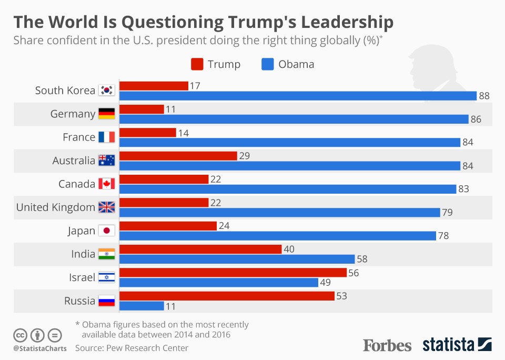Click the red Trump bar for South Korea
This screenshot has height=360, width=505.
click(154, 86)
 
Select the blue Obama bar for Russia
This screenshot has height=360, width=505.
click(142, 306)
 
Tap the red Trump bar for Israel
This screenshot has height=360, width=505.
click(233, 272)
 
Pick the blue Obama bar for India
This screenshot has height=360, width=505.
click(237, 259)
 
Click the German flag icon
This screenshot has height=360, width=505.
click(106, 114)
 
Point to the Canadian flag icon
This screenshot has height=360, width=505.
click(106, 184)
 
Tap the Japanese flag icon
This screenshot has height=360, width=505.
click(106, 231)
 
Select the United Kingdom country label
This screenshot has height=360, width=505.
click(56, 207)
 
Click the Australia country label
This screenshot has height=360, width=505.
click(74, 161)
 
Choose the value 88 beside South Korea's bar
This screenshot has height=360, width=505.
click(484, 96)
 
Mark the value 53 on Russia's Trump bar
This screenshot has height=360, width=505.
click(341, 296)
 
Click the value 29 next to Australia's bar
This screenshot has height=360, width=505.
click(244, 156)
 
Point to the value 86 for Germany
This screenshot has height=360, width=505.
click(476, 119)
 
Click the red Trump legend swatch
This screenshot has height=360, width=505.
click(197, 65)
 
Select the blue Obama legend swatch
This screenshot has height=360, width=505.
click(267, 65)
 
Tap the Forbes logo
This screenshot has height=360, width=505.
click(387, 345)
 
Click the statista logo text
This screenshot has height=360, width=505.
click(448, 345)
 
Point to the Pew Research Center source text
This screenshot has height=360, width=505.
click(132, 348)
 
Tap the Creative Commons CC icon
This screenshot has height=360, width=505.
click(20, 335)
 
